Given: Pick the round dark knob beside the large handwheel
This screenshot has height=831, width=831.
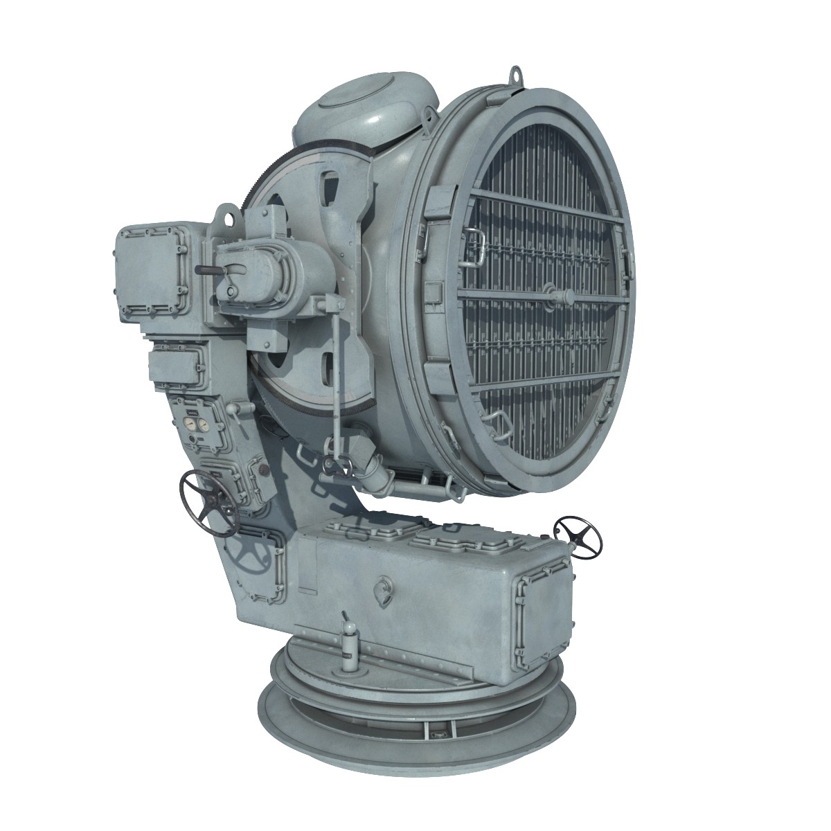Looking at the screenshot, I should tap(264, 470).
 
